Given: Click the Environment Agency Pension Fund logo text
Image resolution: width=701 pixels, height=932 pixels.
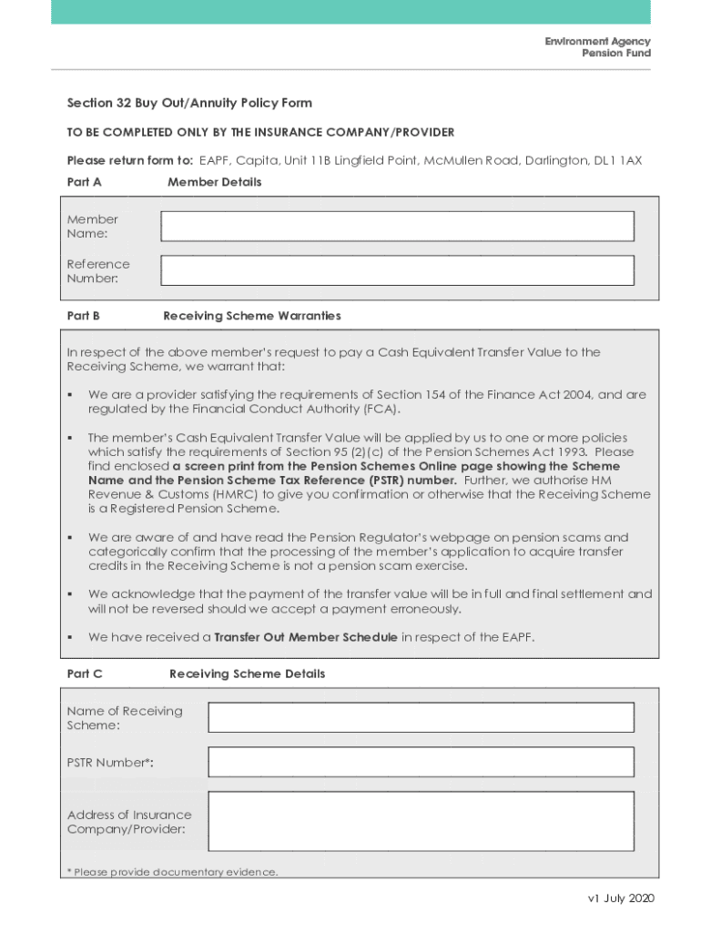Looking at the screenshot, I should tap(597, 47).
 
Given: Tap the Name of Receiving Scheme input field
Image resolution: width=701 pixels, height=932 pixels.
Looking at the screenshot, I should tap(421, 717).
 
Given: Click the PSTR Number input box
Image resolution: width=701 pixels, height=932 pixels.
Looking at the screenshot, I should tap(421, 762).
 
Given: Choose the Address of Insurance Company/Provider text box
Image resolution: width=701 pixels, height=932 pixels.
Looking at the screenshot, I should tap(421, 822).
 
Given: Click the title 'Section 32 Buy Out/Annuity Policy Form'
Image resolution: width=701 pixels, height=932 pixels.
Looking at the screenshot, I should tap(189, 104).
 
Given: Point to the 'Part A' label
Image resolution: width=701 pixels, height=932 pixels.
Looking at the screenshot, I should tap(85, 182).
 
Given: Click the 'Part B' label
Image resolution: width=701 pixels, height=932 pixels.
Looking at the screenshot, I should tap(84, 316).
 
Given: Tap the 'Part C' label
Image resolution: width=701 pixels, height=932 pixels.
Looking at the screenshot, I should tap(85, 674).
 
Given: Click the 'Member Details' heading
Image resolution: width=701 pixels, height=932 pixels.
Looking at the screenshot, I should tap(214, 182).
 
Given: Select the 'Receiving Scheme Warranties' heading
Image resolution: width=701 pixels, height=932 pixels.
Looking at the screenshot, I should tap(252, 316).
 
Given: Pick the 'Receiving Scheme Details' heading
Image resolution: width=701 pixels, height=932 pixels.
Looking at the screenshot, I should tap(247, 674).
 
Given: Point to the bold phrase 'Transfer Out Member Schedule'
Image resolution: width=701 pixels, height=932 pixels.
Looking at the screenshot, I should tap(305, 637).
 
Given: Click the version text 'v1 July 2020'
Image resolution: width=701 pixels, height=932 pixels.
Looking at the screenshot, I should tap(621, 898).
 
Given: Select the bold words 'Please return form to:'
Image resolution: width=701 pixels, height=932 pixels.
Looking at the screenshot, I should tap(130, 160).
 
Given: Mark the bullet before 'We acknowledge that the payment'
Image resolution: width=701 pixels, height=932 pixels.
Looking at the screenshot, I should tap(70, 594).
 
